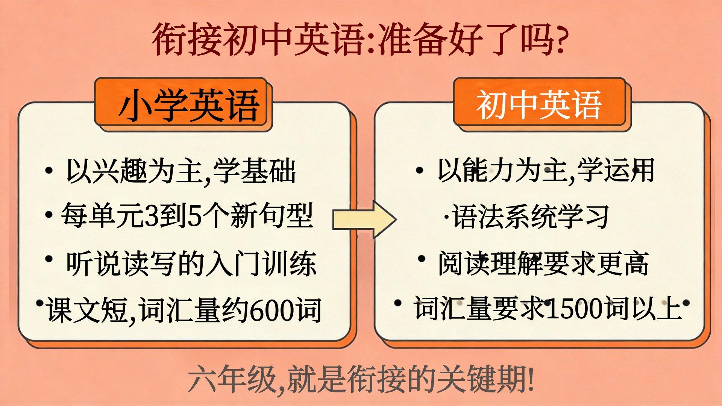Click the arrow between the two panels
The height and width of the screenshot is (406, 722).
pos(364,220)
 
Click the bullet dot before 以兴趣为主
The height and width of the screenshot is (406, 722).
pos(48,170)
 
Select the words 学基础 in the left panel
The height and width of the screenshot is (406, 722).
pos(254,171)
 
